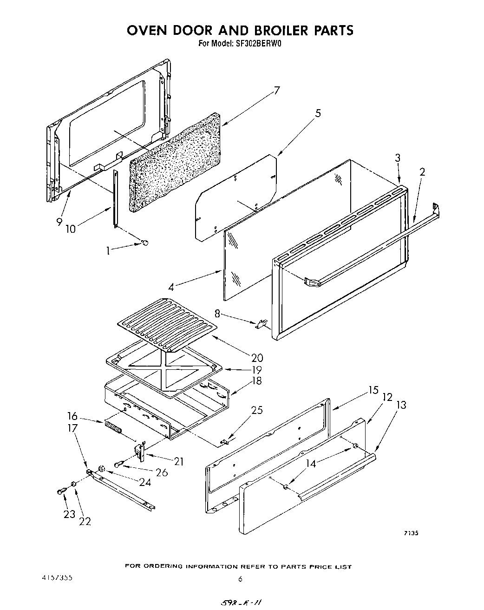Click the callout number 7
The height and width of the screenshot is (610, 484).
pyautogui.click(x=277, y=90)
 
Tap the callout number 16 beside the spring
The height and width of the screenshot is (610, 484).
pyautogui.click(x=72, y=416)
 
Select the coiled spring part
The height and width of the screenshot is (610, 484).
pyautogui.click(x=113, y=427)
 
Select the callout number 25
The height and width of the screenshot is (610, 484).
pyautogui.click(x=257, y=410)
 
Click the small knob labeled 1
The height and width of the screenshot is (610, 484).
pyautogui.click(x=145, y=242)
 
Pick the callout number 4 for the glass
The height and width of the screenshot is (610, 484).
pyautogui.click(x=171, y=287)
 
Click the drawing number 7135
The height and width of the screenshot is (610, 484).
pyautogui.click(x=411, y=533)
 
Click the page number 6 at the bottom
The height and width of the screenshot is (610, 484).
pyautogui.click(x=240, y=579)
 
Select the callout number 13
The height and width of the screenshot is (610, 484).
pyautogui.click(x=401, y=405)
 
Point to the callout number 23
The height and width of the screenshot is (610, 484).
pyautogui.click(x=69, y=514)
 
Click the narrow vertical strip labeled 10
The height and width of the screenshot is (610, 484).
pyautogui.click(x=115, y=199)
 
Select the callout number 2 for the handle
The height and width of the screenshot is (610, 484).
pyautogui.click(x=422, y=172)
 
